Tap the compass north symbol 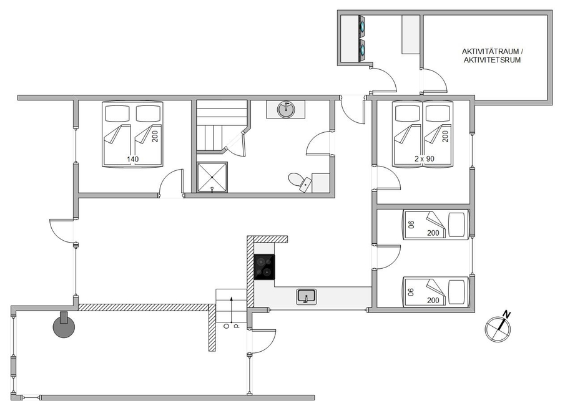coord(498,327)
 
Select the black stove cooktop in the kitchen coord(265,267)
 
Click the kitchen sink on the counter coord(307,296)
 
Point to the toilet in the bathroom coord(300,181)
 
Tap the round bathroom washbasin coord(286,109)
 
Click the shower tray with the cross coord(212,177)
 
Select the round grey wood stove coord(64,326)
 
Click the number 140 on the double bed coord(132,159)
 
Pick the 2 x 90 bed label coord(425,158)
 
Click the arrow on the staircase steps coord(231,310)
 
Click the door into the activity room coord(434,81)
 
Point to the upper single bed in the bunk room coord(435,225)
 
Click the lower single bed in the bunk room coord(435,292)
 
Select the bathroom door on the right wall coord(319,143)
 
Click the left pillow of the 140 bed coord(117,114)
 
